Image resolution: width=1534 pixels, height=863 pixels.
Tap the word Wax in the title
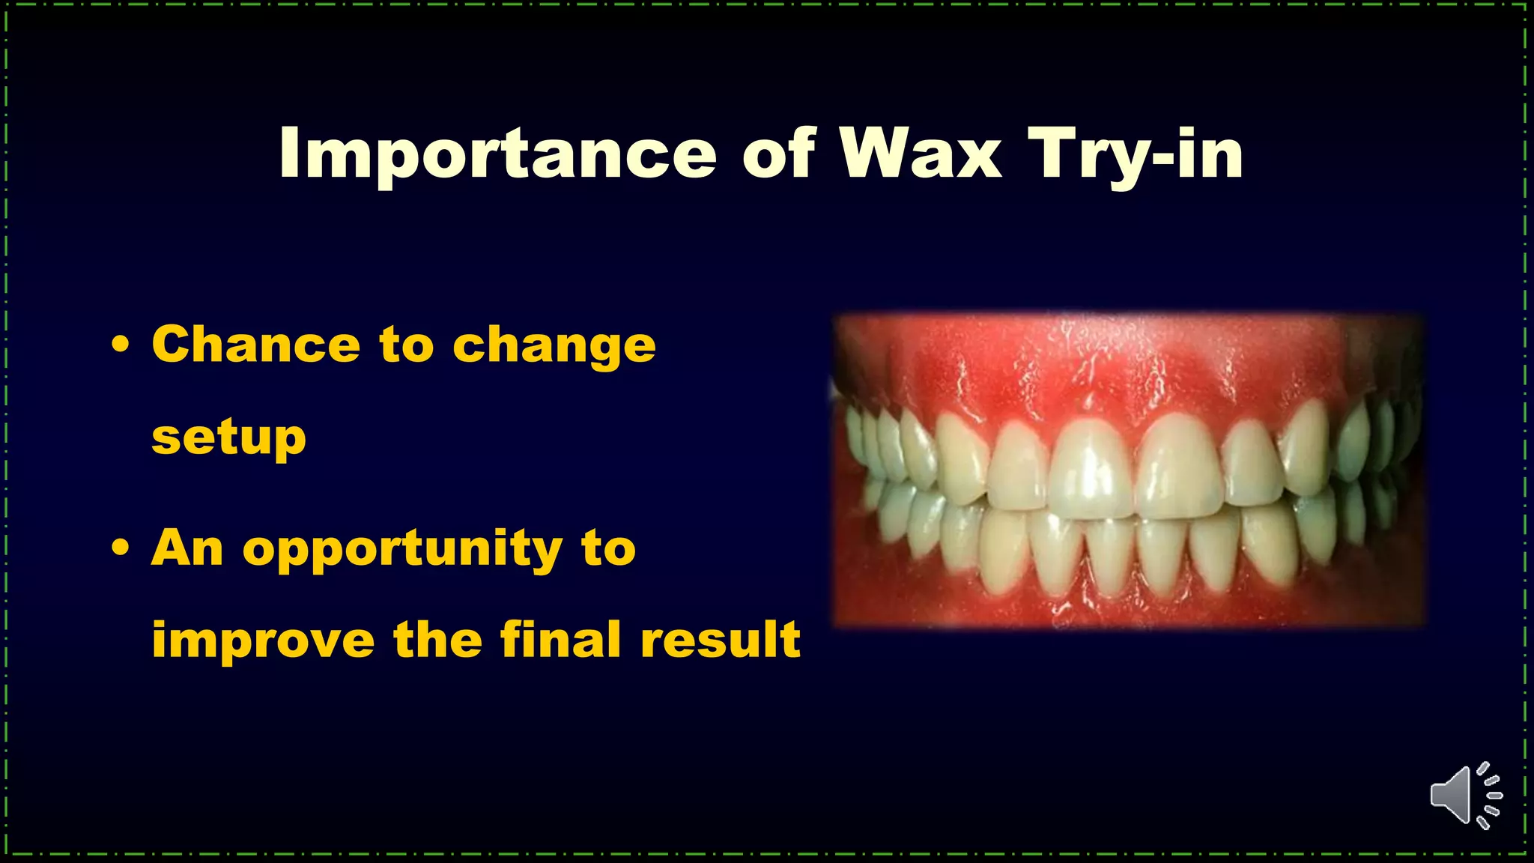[920, 154]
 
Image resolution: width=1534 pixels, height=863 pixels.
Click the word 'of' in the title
[778, 154]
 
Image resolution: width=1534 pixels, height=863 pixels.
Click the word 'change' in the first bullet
[554, 346]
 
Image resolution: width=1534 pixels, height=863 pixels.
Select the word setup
[228, 438]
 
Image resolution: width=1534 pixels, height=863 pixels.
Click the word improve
[263, 641]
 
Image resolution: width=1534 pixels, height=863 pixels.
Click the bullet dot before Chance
[120, 345]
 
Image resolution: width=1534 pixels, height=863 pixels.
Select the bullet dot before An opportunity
[120, 548]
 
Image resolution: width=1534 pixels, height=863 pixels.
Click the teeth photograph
[1128, 470]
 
